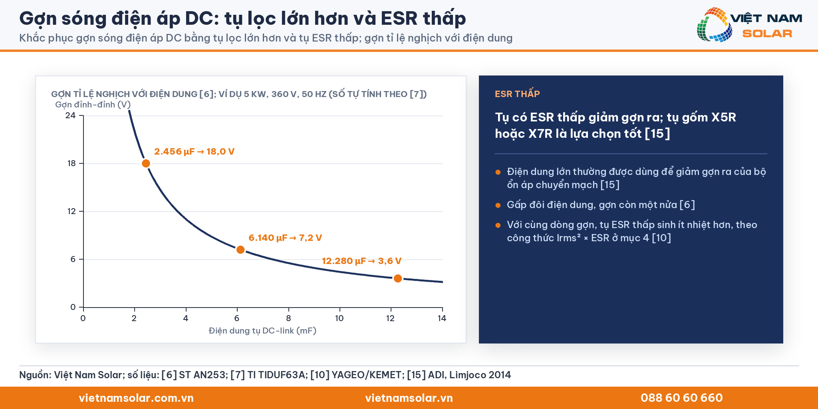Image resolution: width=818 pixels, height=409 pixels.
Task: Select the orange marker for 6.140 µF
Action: pos(240,250)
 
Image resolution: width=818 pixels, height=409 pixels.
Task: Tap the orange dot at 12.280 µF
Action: pos(398,278)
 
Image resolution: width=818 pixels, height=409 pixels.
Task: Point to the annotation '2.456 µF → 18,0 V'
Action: pos(194,152)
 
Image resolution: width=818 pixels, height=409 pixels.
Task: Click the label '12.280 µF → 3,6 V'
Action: pos(361,261)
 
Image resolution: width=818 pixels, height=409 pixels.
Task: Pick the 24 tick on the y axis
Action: pos(70,115)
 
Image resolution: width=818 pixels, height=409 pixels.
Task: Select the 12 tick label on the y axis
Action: pos(71,211)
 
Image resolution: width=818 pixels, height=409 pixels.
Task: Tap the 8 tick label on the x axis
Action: pos(288,318)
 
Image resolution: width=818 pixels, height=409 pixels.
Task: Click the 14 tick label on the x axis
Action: pos(442,318)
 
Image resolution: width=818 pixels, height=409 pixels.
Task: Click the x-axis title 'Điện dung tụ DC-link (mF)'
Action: pos(262,331)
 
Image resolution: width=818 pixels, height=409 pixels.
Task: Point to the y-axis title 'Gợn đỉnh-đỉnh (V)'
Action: pos(93,105)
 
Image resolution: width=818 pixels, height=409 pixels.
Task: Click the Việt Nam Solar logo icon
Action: pos(714,25)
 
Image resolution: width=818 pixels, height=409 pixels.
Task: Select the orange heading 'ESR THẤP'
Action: pos(517,94)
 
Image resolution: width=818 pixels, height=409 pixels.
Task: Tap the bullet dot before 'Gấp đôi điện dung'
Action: pos(498,205)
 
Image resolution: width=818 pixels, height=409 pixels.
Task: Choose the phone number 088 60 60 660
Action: pos(682,398)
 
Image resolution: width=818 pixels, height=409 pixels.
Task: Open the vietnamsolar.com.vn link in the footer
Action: pos(136,398)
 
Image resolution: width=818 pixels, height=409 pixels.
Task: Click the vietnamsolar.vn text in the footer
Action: pos(409,398)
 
